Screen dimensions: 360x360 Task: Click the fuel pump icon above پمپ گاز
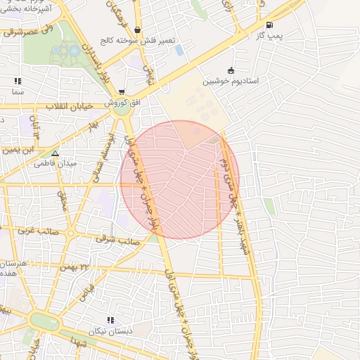(270, 25)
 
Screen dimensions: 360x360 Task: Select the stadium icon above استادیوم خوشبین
(231, 70)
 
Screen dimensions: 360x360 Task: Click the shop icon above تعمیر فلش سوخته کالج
(136, 30)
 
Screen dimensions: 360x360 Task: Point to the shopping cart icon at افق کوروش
(122, 92)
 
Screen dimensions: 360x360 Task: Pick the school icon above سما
(18, 82)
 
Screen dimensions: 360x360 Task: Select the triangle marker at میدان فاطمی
(56, 153)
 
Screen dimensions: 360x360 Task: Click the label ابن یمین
(18, 149)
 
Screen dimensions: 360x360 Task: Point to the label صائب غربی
(38, 230)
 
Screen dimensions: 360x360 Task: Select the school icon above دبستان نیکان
(110, 321)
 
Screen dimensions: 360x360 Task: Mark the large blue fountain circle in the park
(69, 51)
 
